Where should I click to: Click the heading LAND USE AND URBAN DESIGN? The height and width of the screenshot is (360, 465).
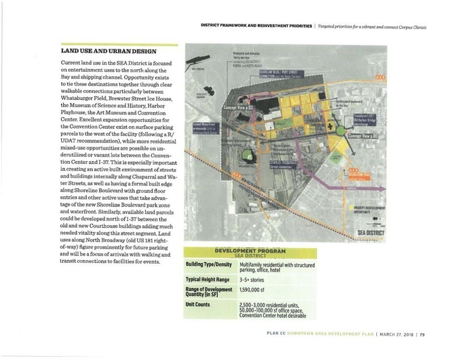109,51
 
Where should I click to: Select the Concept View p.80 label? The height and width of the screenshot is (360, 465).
363,136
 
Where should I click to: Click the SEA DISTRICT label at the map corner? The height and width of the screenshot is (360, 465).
371,233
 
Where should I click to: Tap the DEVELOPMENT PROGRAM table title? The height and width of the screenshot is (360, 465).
250,252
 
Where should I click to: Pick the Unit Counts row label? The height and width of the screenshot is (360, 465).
199,304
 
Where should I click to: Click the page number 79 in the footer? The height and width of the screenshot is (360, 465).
422,334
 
